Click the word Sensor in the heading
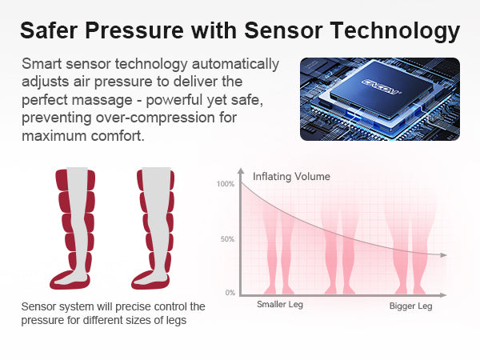coord(283,30)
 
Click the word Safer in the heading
coord(50,30)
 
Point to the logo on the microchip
coord(381,86)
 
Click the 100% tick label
coord(226,184)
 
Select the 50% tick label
coord(227,239)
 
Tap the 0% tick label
coord(230,293)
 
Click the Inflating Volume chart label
coord(291,177)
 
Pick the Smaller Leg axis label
coord(280,305)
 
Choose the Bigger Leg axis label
coord(411,306)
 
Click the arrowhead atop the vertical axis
coord(242,171)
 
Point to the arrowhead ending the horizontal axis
coord(443,295)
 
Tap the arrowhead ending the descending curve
coord(443,255)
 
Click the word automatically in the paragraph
coord(235,65)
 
